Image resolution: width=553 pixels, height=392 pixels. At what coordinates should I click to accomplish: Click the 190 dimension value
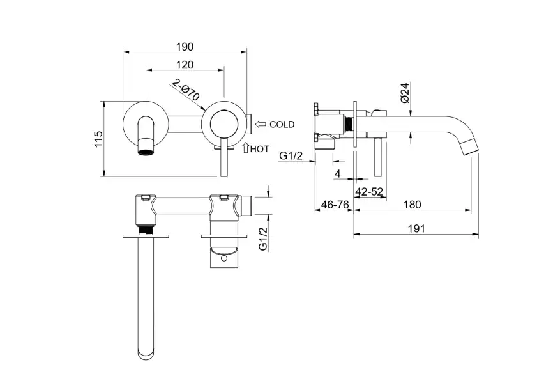pos(185,47)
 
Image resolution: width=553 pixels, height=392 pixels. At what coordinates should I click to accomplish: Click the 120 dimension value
pos(185,65)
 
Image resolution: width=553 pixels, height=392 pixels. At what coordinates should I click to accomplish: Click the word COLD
pos(282,125)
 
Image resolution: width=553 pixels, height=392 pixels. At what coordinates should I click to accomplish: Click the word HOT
pos(259,148)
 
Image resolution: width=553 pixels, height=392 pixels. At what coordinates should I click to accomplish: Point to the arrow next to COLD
pos(260,124)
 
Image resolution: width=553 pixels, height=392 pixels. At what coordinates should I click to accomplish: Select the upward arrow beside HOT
pos(245,148)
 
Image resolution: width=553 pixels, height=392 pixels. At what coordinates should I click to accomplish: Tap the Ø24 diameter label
pos(405,93)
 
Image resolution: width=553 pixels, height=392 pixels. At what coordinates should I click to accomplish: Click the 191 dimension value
pos(417,229)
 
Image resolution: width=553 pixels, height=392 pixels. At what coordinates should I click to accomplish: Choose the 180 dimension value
pos(413,205)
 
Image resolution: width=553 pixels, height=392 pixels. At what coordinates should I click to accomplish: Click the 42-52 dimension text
pos(370,191)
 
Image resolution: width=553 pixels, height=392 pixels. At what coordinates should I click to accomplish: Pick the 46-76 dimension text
pos(333,205)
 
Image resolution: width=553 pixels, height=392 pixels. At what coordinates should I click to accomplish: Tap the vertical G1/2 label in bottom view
pos(262,237)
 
